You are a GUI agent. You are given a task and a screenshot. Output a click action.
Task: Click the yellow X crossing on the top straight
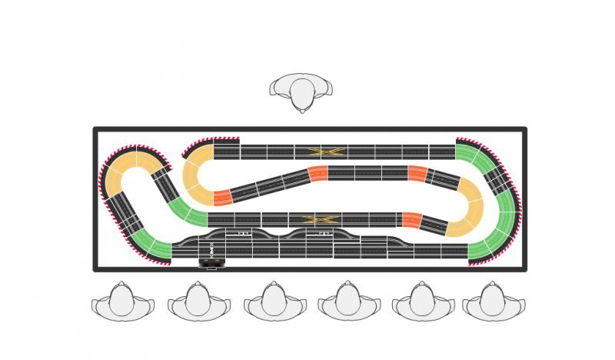coord(324,152)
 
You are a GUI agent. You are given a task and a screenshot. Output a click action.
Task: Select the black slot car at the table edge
coord(212,263)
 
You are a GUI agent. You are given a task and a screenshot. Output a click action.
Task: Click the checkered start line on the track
coord(211,249)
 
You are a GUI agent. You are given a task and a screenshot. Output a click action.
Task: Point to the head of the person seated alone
coord(302,93)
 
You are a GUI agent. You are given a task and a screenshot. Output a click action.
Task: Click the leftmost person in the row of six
coord(121,302)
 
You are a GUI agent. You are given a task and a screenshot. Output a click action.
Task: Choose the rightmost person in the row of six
coord(493,302)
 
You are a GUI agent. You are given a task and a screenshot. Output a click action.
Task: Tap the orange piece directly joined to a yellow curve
coord(222,198)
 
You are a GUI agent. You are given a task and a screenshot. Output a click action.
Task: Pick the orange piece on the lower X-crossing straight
coord(412,220)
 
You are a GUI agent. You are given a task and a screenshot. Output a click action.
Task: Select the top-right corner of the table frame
coord(524,129)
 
